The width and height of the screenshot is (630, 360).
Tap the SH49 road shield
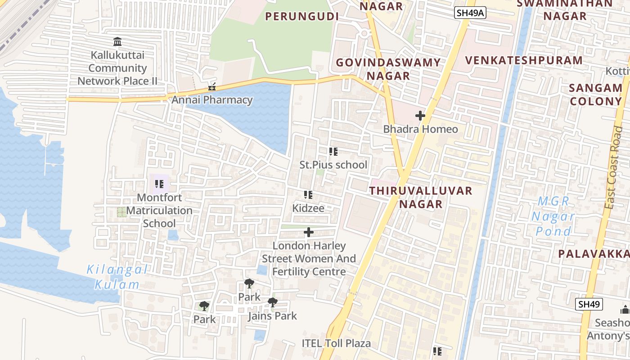[589, 304]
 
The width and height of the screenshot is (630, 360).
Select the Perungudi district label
[301, 17]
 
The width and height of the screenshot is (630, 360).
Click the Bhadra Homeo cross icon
[420, 116]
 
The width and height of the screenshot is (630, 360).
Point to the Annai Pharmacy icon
[212, 87]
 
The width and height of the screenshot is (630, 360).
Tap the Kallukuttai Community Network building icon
[117, 42]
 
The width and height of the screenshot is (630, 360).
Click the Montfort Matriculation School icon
[159, 184]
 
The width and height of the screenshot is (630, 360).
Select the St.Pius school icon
[333, 152]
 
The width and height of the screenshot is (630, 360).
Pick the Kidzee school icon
[308, 195]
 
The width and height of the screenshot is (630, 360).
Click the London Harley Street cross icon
[309, 232]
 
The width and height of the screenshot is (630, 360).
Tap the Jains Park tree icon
[272, 302]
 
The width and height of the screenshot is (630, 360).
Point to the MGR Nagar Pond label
[553, 216]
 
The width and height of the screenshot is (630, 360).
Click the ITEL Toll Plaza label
[336, 343]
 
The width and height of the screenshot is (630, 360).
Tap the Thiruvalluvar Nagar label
[421, 197]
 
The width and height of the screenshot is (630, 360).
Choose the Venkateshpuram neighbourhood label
[524, 60]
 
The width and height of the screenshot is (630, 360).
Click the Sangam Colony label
[596, 94]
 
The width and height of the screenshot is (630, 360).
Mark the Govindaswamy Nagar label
[388, 69]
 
